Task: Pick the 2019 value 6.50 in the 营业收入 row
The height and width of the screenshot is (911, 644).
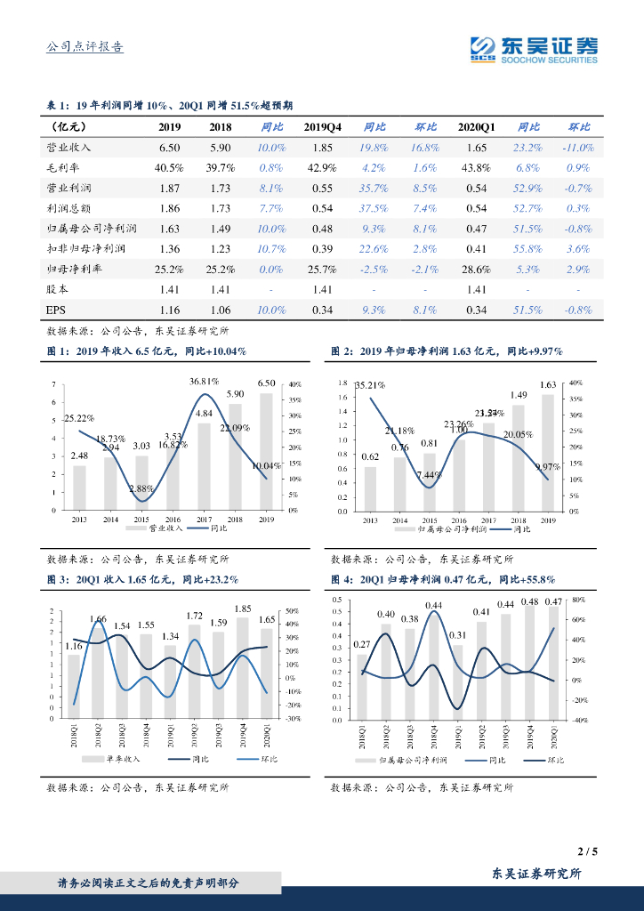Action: [x=169, y=148]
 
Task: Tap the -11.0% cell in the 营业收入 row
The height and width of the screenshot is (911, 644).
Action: [x=578, y=148]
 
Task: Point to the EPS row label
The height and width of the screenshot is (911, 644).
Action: [x=56, y=310]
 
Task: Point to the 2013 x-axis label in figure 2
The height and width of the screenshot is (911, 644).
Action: [x=370, y=520]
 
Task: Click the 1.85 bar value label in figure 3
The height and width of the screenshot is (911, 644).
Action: [x=243, y=609]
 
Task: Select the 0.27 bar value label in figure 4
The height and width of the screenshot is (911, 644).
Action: [x=362, y=644]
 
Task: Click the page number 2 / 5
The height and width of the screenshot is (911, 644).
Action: [x=588, y=851]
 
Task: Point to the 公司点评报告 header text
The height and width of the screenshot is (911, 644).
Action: [x=85, y=47]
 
